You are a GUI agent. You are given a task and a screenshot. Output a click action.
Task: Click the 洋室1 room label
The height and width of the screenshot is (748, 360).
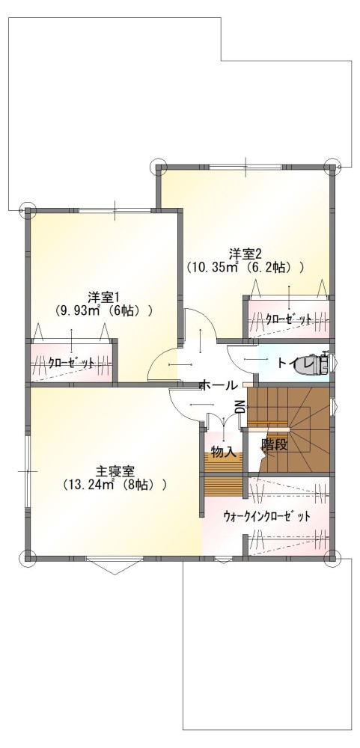[101, 296]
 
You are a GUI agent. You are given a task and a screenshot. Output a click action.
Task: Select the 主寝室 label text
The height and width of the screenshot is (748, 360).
[115, 471]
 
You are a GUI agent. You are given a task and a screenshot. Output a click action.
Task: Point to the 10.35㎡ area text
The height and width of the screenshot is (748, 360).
[214, 267]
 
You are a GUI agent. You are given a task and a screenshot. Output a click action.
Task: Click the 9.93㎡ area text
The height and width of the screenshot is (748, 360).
[78, 310]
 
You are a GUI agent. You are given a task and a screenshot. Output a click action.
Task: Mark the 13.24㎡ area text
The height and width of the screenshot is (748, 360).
[91, 485]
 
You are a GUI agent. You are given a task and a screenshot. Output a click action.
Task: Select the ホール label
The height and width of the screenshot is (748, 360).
[219, 385]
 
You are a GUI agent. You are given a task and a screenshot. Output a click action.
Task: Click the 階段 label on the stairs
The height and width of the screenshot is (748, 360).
[275, 445]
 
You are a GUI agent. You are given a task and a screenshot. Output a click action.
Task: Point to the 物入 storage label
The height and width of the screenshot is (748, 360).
[224, 453]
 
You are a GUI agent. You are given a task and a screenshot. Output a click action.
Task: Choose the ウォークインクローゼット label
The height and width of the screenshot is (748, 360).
[266, 516]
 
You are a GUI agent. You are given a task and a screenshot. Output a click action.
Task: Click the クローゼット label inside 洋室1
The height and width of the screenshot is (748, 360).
[71, 363]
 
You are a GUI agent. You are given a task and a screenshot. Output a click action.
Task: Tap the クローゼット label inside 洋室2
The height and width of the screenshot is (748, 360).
[289, 319]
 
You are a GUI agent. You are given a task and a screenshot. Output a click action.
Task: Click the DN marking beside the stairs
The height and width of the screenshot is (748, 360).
[241, 407]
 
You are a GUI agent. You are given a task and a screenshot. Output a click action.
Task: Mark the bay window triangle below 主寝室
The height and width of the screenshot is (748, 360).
[115, 567]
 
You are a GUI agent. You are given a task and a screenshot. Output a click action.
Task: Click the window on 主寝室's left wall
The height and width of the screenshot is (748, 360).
[28, 470]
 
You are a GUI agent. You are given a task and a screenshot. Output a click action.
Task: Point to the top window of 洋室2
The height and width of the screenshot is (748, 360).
[246, 167]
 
